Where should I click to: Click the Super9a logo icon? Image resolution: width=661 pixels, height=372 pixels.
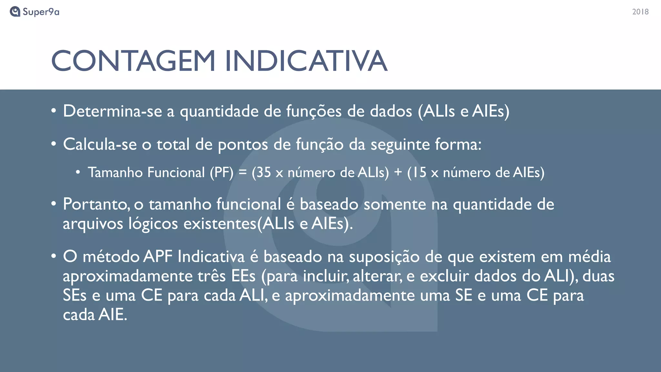click(15, 12)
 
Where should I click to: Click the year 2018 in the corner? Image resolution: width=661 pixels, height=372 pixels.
click(640, 12)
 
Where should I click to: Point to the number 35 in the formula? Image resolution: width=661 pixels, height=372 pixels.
click(264, 172)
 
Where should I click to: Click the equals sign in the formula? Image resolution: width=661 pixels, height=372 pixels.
click(242, 172)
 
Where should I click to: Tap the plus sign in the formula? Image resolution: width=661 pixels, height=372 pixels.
click(398, 172)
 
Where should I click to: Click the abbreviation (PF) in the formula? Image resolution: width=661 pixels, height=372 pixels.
click(221, 172)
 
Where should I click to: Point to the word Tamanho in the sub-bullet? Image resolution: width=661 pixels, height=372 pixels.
click(115, 172)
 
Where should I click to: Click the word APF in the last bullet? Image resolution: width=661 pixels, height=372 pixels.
click(158, 257)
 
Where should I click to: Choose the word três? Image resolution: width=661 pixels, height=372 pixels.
click(211, 276)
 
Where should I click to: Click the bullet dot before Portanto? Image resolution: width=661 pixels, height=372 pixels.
click(54, 204)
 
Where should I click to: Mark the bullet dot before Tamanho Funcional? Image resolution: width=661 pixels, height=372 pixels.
click(78, 172)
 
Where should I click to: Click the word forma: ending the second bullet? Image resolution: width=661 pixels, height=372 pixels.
click(458, 144)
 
